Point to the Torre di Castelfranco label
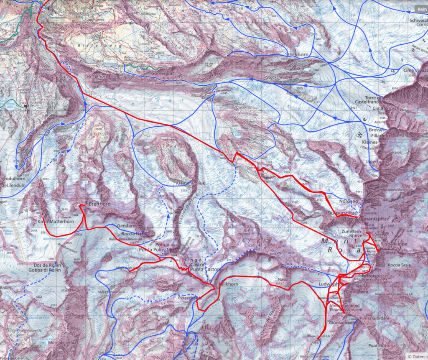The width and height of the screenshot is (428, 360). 367,99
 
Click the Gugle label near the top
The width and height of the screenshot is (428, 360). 128,23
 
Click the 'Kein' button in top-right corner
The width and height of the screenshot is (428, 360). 421,9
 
